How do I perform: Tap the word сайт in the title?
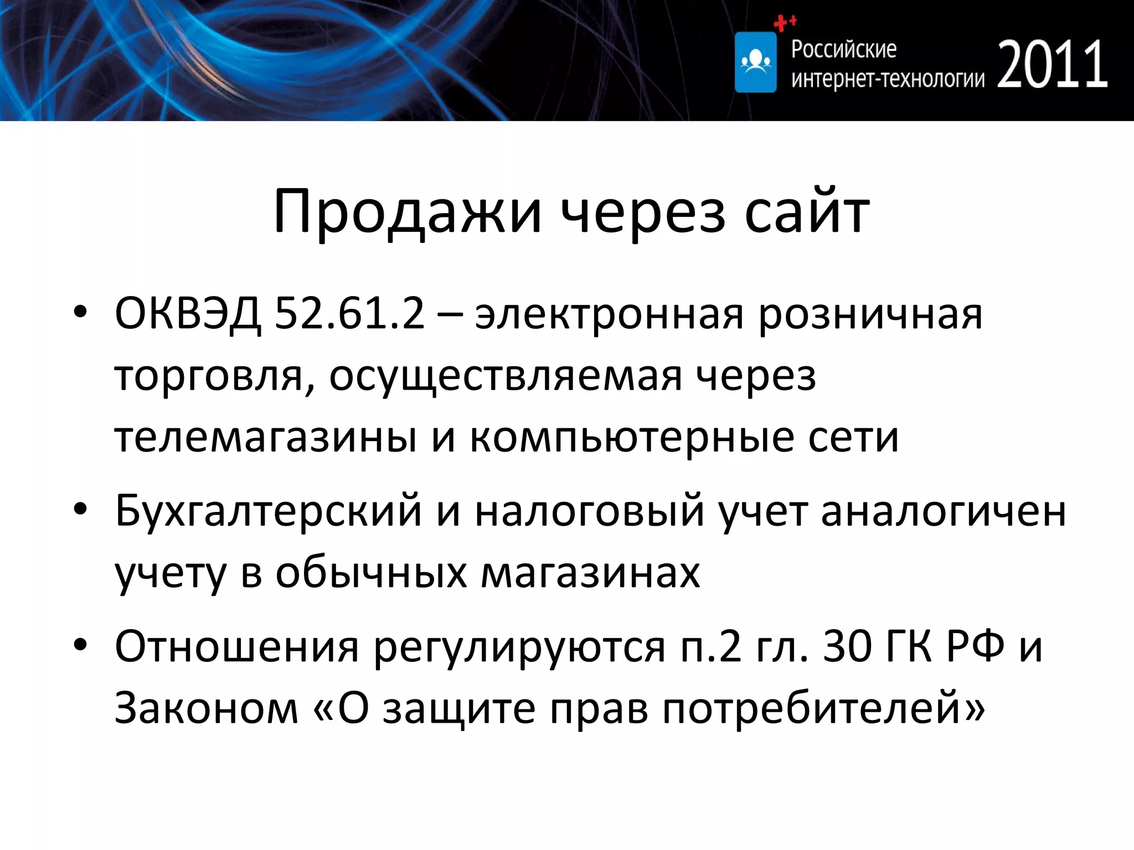coord(807,212)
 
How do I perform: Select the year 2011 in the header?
coord(1052,65)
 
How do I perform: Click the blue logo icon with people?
coord(755,62)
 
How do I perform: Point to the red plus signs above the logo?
coord(784,23)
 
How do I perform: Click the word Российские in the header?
coord(843,49)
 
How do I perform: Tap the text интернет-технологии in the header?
coord(888,79)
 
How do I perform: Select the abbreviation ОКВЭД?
coord(187,314)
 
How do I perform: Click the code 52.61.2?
coord(349,314)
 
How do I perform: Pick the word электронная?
coord(609,315)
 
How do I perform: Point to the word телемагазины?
coord(265,438)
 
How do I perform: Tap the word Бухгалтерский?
coord(268,511)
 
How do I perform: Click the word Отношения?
coord(237,646)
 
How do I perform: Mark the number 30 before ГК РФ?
coord(847,646)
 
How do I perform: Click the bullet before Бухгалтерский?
coord(80,509)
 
